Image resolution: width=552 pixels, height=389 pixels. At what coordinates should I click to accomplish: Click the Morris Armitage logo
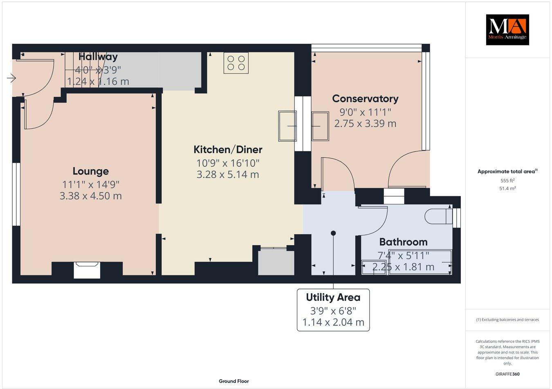point(507,29)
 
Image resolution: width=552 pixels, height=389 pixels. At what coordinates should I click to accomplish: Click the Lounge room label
point(91,171)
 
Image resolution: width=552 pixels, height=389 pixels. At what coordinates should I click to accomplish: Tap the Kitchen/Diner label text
point(228,149)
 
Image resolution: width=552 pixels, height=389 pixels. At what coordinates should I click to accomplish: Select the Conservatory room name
point(365,98)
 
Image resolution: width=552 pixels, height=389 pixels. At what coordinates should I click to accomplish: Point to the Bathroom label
point(403,242)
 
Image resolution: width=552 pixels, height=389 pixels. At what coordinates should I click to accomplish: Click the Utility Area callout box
point(333,310)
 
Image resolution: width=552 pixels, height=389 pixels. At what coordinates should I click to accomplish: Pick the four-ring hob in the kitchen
point(236,63)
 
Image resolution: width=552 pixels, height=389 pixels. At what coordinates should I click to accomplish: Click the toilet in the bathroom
point(436,216)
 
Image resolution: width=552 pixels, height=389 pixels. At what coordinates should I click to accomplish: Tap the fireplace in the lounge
point(87,270)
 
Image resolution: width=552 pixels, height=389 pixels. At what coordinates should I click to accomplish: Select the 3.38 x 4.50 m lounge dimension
point(91,196)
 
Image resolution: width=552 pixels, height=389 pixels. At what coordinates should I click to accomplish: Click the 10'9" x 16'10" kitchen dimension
point(228,163)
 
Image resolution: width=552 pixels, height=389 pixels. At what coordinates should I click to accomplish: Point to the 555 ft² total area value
point(507,180)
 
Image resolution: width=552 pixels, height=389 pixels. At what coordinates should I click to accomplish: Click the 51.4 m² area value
point(507,188)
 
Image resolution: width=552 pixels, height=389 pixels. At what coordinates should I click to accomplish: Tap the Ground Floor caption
point(233,381)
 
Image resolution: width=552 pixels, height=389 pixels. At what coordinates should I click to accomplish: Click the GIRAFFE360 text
point(507,374)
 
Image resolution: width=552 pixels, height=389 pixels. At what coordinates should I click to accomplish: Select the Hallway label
point(98,57)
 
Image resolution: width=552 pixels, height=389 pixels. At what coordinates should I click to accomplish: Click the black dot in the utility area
point(333,233)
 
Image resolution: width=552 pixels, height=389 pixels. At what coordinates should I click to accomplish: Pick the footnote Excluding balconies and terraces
point(507,320)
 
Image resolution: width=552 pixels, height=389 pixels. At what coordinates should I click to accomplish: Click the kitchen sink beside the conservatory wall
point(287,126)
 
